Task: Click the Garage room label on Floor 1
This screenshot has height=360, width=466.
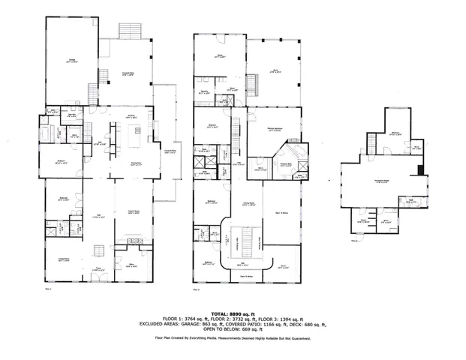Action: (71, 62)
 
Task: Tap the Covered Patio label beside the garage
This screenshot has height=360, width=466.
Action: (128, 73)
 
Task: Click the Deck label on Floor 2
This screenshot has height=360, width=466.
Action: (275, 71)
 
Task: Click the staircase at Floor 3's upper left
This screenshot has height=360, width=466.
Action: (372, 141)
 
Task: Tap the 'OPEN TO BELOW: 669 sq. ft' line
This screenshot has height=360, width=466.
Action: (233, 330)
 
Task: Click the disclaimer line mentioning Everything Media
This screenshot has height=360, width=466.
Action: (233, 338)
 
